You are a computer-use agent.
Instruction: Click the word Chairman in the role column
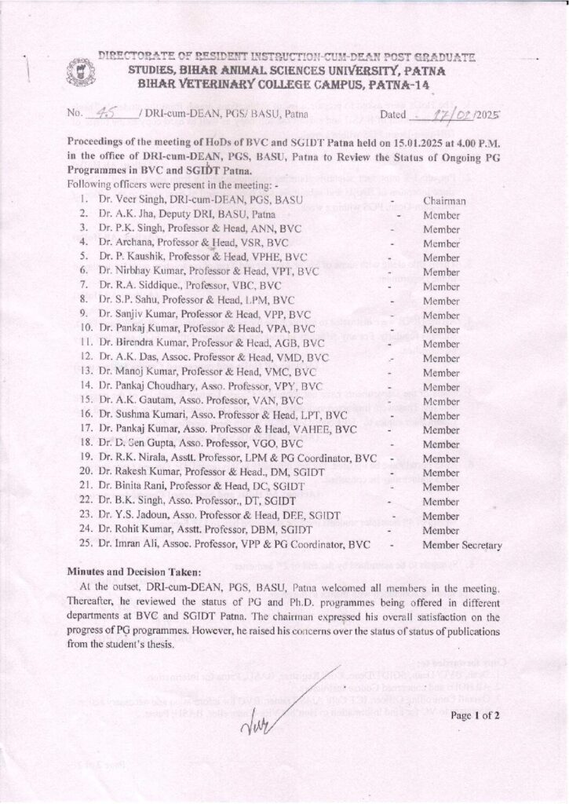[x=445, y=201]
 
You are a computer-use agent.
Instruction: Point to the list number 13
[x=86, y=371]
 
